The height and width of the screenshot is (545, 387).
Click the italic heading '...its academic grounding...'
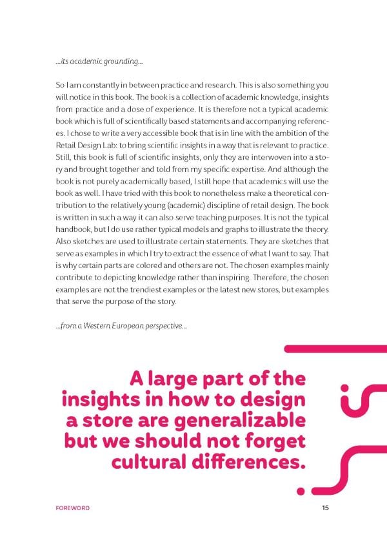tap(99, 62)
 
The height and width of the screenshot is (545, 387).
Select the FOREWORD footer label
tap(73, 508)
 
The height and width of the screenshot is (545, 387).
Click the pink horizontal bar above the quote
tap(335, 349)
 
